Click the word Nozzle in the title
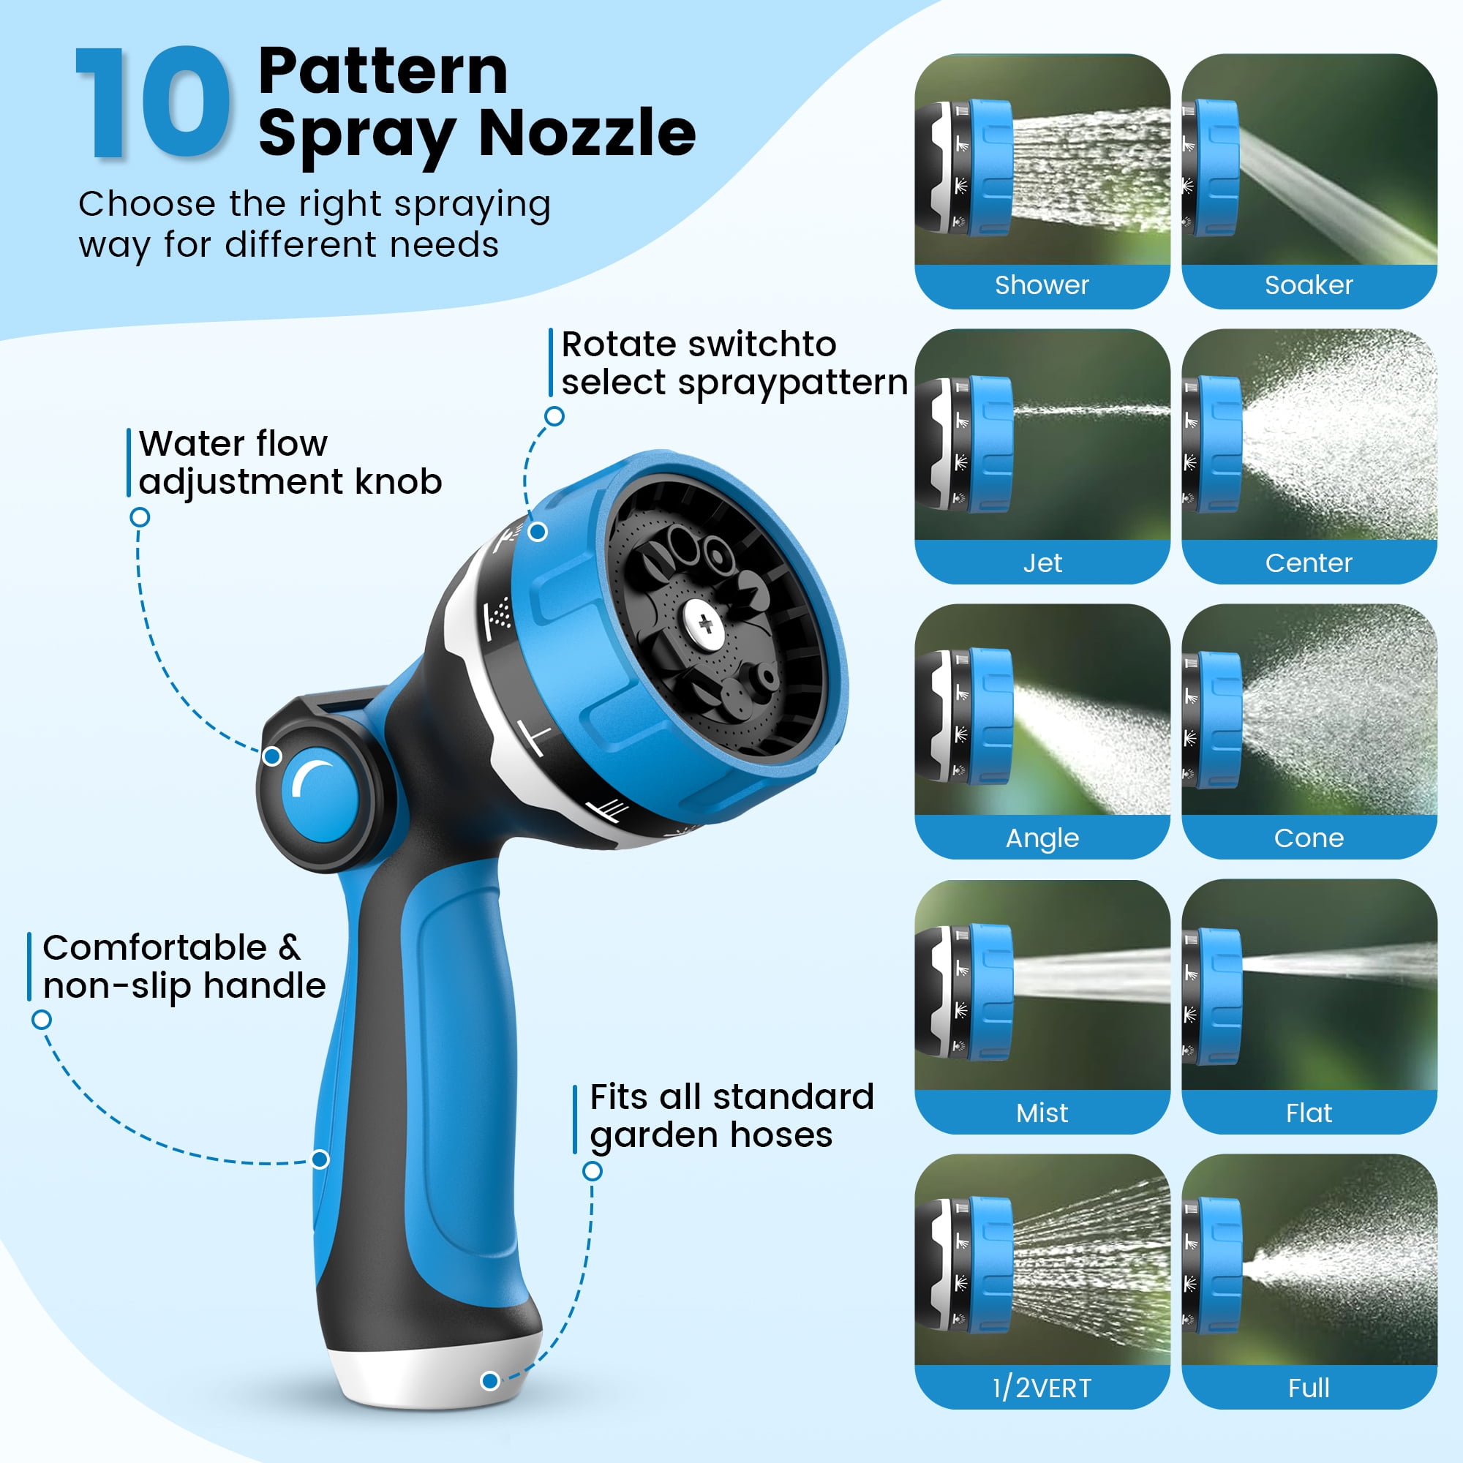(x=587, y=132)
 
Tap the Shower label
(x=1042, y=285)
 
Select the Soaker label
(x=1309, y=285)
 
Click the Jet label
(x=1042, y=563)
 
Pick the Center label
(x=1309, y=563)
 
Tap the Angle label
(x=1042, y=839)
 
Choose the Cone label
(x=1309, y=838)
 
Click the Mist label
(x=1042, y=1113)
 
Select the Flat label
(x=1309, y=1113)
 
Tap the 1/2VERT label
(x=1042, y=1389)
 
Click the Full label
(x=1309, y=1388)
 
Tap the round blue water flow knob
(x=320, y=795)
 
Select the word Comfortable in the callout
(x=154, y=948)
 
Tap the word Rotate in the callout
(x=619, y=345)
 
